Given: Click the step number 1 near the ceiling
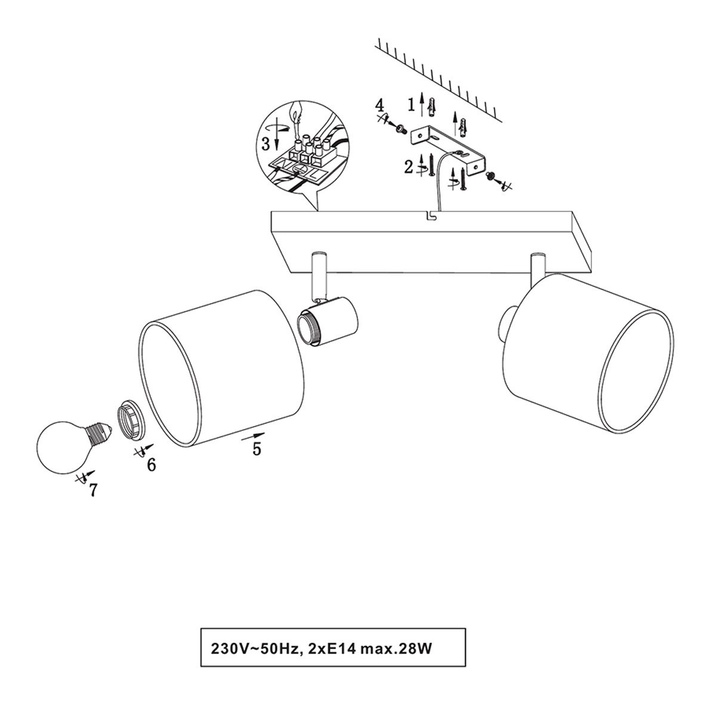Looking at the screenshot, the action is point(411,104).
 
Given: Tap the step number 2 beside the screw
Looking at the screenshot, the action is point(409,168).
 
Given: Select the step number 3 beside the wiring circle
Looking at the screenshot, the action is point(266,144).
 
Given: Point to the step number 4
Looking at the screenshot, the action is point(379,105).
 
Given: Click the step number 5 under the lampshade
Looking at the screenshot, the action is point(257,449).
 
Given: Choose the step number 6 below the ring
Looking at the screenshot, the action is point(151,465).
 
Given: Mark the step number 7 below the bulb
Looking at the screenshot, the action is point(93,490).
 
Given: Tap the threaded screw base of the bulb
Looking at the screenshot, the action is point(99,433).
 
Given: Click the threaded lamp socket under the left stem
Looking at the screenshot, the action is point(327,323).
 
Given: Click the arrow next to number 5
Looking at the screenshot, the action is point(253,436).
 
